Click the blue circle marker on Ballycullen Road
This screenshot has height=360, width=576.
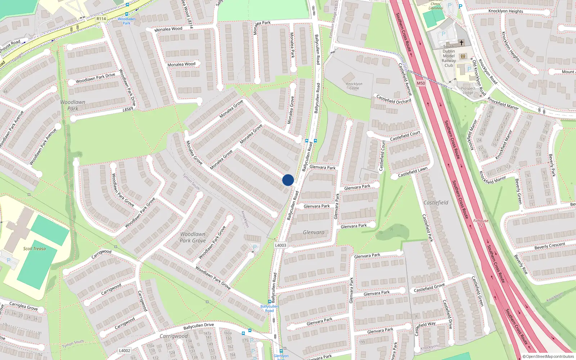(288, 180)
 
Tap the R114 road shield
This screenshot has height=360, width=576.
(101, 19)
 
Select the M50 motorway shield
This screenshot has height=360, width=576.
(421, 83)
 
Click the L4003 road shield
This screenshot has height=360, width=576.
(281, 245)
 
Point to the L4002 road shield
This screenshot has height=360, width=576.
(125, 350)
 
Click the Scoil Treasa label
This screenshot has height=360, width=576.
(35, 248)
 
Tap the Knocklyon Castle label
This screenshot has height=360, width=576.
(354, 86)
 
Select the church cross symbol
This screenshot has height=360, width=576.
(461, 42)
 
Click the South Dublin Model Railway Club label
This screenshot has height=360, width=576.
(449, 56)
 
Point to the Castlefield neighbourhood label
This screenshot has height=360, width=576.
(436, 203)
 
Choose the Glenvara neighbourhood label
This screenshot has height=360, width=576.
(314, 233)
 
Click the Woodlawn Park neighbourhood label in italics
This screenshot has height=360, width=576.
(73, 105)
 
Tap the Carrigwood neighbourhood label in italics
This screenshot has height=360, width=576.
(174, 336)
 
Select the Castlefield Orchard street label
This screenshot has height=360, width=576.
(393, 99)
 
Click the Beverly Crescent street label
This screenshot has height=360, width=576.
(550, 246)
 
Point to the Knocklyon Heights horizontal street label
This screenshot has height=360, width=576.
(505, 11)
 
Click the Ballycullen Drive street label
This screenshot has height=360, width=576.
(198, 326)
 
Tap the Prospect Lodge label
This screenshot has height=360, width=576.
(468, 90)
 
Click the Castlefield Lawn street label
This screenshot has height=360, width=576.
(413, 172)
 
